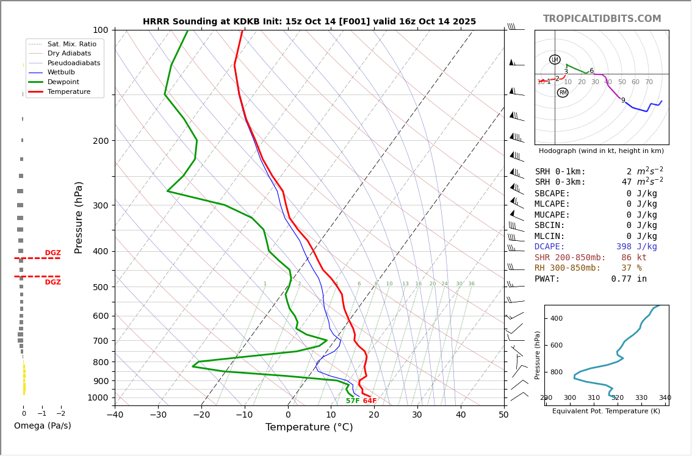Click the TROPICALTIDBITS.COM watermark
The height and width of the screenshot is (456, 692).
(x=602, y=19)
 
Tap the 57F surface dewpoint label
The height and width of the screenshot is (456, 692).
(x=353, y=401)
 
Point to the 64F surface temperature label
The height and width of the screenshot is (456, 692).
(x=370, y=401)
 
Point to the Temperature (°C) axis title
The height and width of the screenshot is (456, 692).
(x=309, y=428)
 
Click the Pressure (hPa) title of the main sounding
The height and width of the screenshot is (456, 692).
(x=79, y=217)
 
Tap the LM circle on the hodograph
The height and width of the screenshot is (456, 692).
(x=555, y=60)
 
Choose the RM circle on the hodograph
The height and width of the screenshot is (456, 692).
(x=563, y=93)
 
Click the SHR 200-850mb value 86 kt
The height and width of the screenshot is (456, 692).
(x=633, y=258)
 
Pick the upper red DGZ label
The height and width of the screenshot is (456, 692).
(x=52, y=253)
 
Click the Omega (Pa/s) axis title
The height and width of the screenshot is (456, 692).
(x=42, y=426)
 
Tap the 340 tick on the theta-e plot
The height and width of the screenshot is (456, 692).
(x=665, y=398)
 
